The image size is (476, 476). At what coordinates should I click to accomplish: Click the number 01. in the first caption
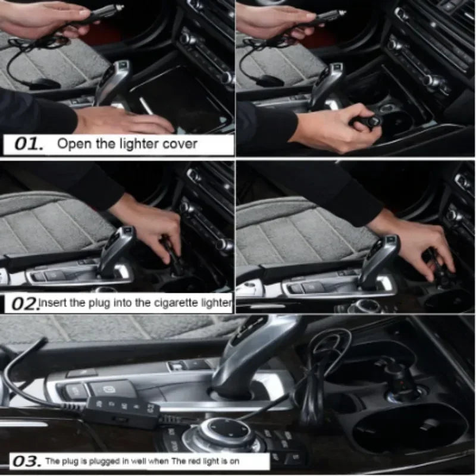pos(29,144)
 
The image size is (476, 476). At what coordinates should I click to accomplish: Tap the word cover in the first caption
pos(180,144)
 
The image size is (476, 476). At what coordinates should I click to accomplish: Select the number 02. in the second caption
pos(25,303)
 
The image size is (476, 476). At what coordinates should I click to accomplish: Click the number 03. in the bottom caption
pos(27,461)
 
